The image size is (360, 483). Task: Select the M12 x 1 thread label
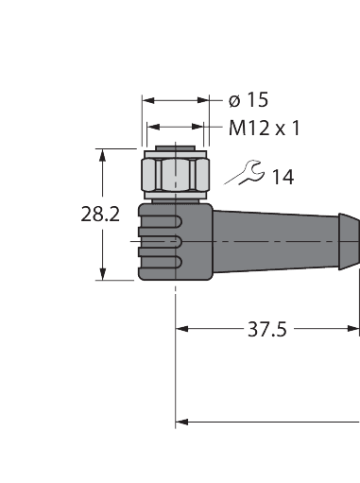coord(263,128)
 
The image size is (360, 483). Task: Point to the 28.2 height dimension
coord(99,215)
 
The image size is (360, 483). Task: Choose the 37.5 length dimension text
coord(266,330)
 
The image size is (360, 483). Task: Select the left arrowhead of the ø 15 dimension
coord(147,98)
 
